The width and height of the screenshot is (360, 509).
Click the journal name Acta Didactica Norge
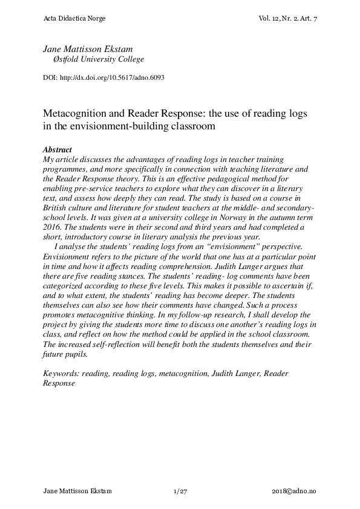(x=75, y=19)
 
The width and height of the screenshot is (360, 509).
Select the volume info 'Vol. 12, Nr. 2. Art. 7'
(x=287, y=19)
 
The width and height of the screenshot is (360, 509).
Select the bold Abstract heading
(x=57, y=149)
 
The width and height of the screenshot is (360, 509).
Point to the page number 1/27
(x=180, y=493)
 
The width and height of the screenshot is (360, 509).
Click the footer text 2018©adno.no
(x=294, y=493)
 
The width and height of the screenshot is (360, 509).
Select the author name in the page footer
(x=77, y=493)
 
